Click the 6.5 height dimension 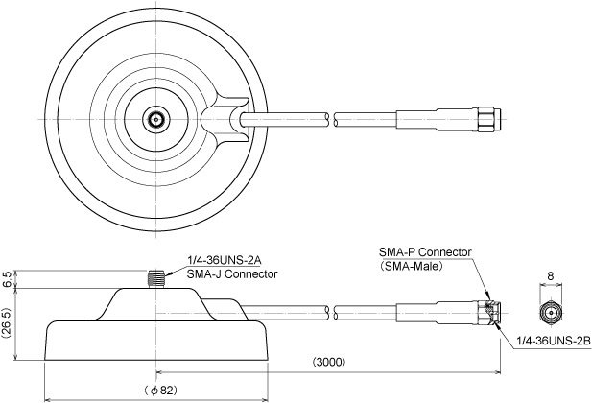click(x=7, y=279)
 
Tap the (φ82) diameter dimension click(x=160, y=391)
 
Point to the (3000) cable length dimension click(x=328, y=362)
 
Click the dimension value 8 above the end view click(x=550, y=276)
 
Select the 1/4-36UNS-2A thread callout click(x=225, y=260)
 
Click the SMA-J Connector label click(x=232, y=273)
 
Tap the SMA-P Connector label click(x=425, y=252)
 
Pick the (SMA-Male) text click(x=411, y=267)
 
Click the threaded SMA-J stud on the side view click(x=155, y=279)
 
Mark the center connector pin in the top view click(x=155, y=119)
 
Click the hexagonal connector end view click(x=550, y=313)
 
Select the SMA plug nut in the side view click(x=489, y=313)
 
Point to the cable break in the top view click(x=332, y=119)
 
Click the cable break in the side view click(x=332, y=313)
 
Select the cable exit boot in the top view click(x=225, y=119)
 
